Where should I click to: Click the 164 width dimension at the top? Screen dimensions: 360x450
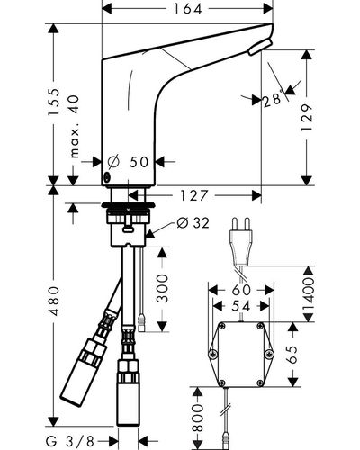click(x=188, y=9)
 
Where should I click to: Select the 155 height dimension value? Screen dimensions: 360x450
click(x=55, y=102)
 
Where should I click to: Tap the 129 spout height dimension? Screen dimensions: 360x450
click(x=307, y=118)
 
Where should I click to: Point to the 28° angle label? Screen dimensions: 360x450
click(x=274, y=99)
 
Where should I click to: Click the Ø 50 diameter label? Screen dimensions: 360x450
click(x=128, y=162)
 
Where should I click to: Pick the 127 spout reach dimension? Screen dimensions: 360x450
click(x=193, y=196)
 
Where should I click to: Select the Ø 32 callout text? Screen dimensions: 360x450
click(x=193, y=223)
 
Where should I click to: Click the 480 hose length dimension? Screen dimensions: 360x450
click(x=54, y=301)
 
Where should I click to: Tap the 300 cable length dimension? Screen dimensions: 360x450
click(x=163, y=288)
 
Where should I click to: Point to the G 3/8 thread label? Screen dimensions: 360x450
click(x=70, y=441)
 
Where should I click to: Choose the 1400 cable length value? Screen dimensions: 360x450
click(x=308, y=294)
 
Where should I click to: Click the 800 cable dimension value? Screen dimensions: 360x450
click(x=198, y=418)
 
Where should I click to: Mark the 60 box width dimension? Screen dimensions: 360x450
click(x=241, y=290)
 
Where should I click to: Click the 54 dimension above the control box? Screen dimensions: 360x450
click(x=241, y=306)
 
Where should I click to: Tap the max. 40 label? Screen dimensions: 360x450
click(x=75, y=126)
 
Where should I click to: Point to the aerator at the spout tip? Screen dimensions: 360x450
click(x=260, y=47)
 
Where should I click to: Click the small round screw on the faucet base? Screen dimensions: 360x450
click(x=107, y=177)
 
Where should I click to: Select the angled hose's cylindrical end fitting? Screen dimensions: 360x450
click(x=84, y=373)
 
